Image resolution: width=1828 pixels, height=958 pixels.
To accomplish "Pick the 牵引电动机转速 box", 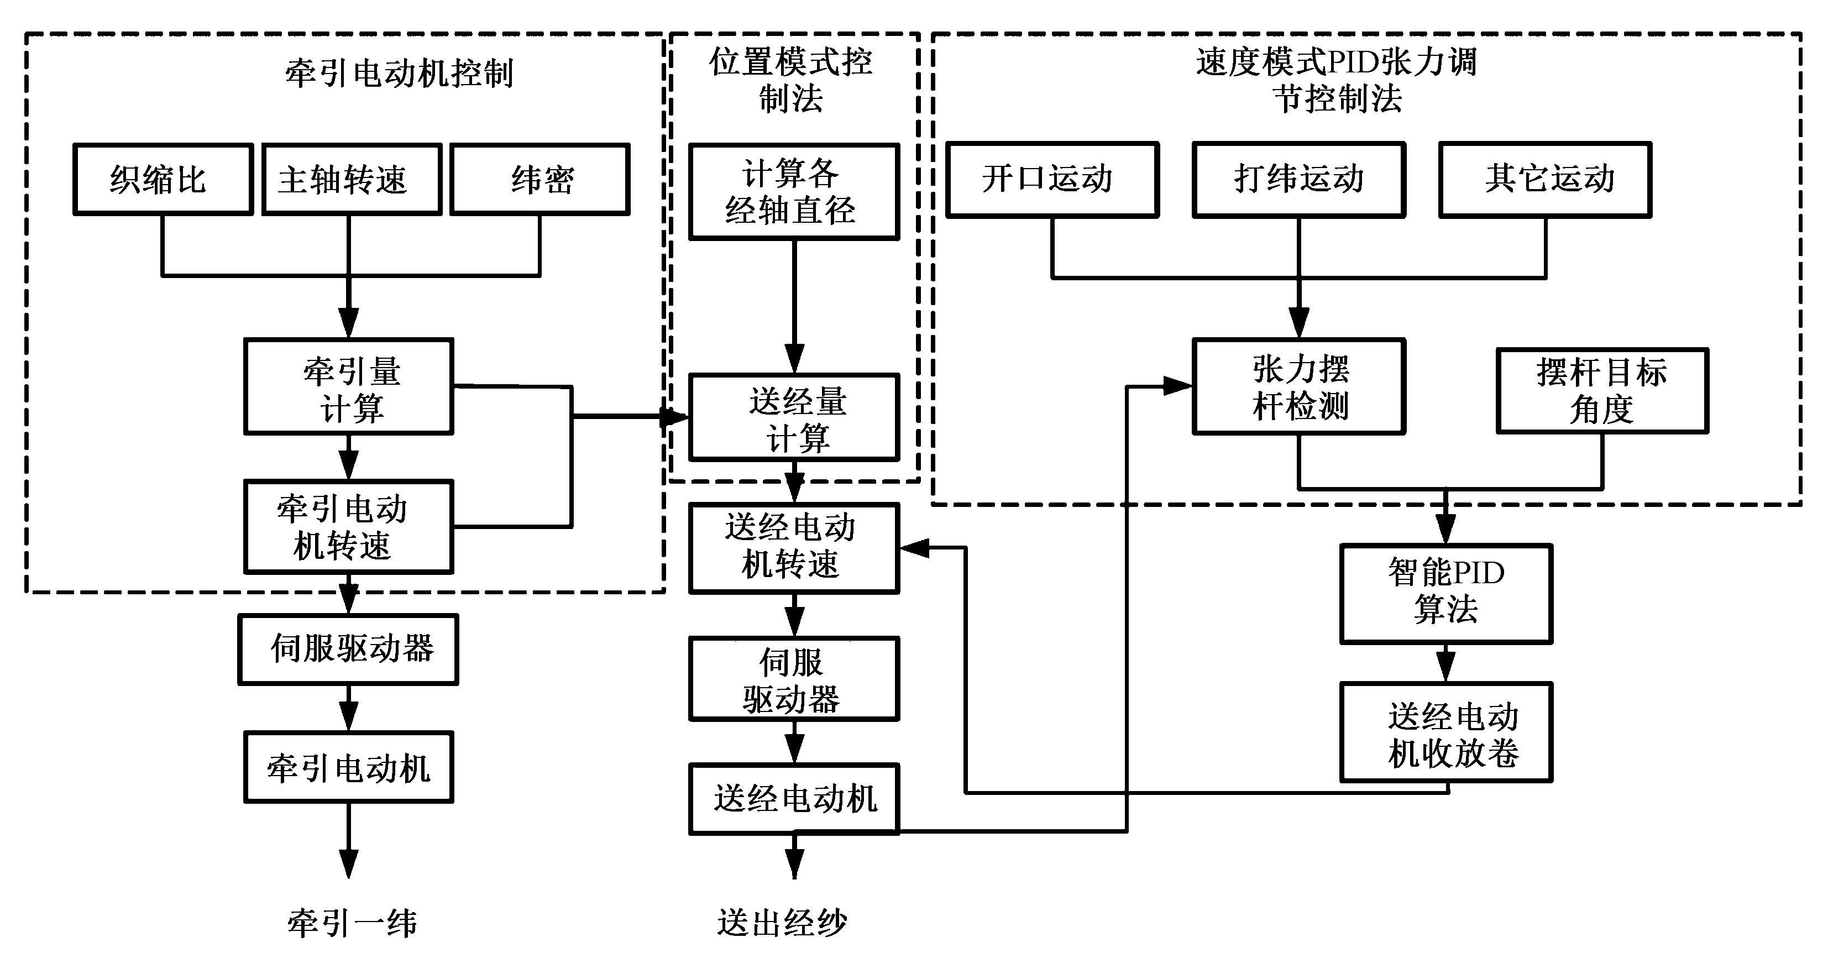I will (x=348, y=527).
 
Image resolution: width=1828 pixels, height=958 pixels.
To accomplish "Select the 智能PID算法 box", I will (x=1445, y=593).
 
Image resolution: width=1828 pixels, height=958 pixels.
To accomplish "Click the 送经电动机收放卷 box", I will (x=1445, y=732).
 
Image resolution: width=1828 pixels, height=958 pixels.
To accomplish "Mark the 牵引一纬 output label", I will (x=352, y=923).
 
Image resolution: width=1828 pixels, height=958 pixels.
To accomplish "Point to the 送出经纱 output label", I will (x=782, y=923).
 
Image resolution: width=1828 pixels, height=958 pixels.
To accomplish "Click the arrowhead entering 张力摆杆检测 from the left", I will (x=1178, y=387).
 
